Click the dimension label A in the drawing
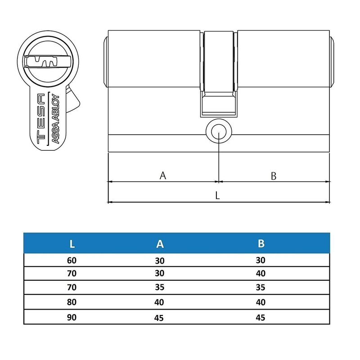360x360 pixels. click(163, 175)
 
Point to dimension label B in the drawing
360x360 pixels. click(273, 176)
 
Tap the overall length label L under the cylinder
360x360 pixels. click(217, 195)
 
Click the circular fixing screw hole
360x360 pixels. click(218, 131)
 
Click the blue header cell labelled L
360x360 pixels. click(72, 244)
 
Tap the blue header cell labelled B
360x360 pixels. click(261, 244)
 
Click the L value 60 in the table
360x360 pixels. click(72, 260)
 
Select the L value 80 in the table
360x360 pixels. click(72, 303)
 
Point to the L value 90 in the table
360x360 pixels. click(72, 317)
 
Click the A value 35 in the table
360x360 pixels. click(160, 288)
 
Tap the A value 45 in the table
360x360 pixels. click(160, 318)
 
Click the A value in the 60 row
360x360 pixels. click(160, 260)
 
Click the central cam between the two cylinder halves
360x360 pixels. click(218, 72)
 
